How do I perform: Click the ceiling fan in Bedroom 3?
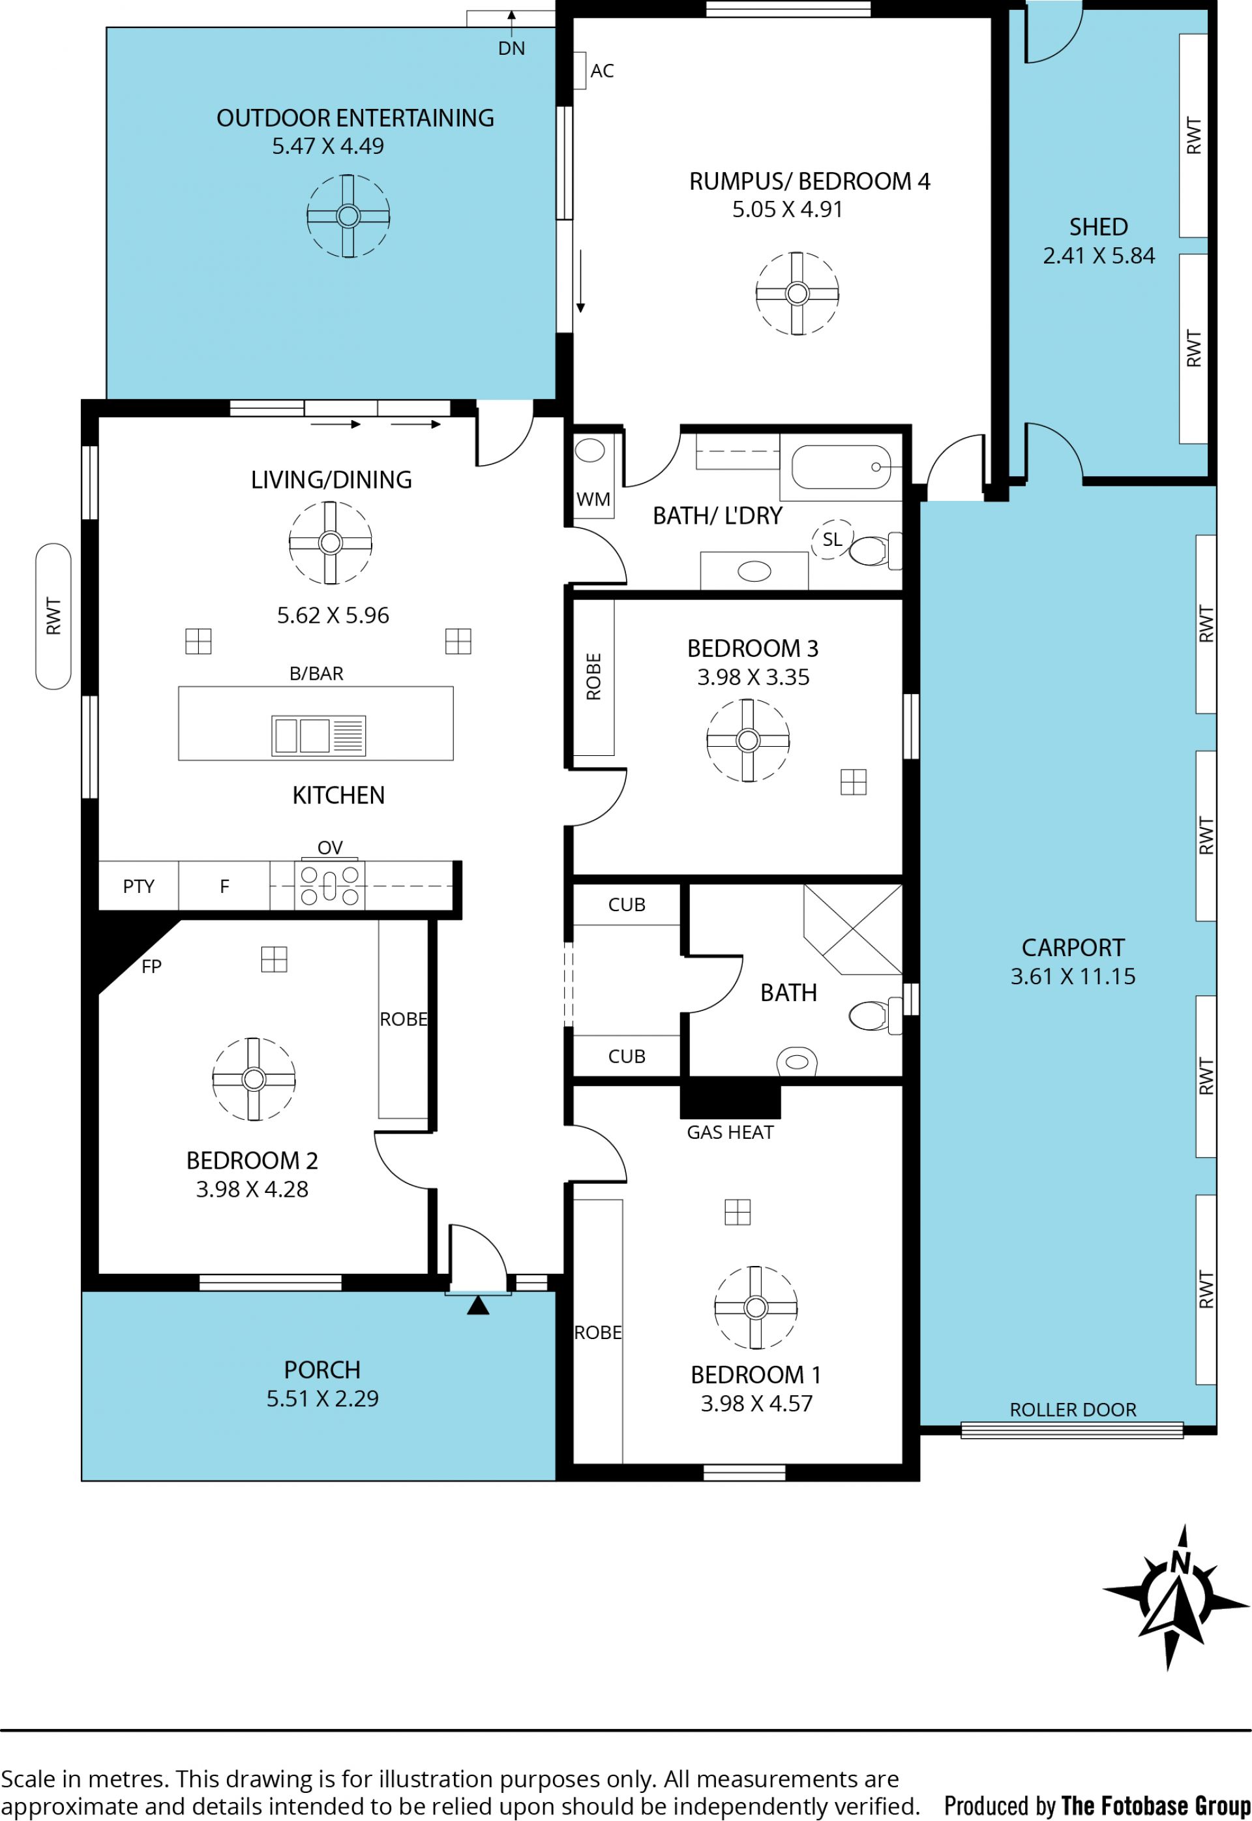point(747,740)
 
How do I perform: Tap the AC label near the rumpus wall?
point(602,70)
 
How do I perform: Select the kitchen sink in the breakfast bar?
point(318,735)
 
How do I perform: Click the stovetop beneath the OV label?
point(329,884)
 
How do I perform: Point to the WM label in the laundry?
point(593,499)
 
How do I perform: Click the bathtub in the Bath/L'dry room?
point(841,467)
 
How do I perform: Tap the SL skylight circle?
point(832,539)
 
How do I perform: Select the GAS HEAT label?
point(730,1132)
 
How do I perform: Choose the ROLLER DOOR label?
point(1073,1410)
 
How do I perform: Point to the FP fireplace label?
point(151,967)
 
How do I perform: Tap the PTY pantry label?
point(139,886)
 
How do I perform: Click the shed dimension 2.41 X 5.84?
point(1098,256)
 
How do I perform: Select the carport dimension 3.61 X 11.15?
point(1073,976)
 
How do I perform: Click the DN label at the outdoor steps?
point(511,49)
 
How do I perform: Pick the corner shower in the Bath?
point(854,929)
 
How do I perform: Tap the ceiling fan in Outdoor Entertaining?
point(348,216)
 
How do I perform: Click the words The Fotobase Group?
point(1156,1805)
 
